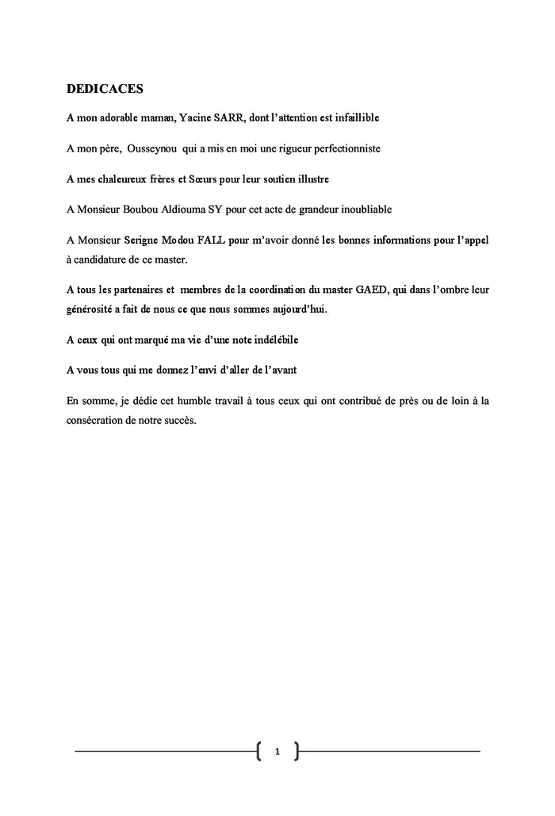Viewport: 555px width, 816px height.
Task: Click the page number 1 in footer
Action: point(277,750)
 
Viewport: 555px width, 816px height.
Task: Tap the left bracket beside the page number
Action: point(260,750)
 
